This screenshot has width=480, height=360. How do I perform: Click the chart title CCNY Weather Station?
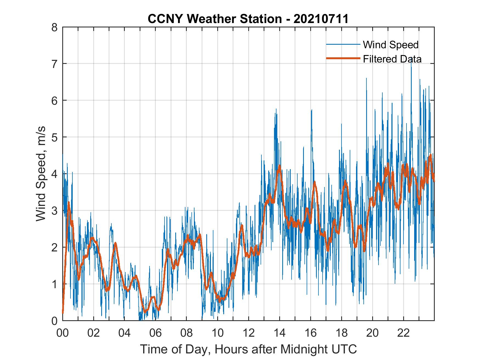(x=215, y=19)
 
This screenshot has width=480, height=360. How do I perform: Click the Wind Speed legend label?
(x=391, y=45)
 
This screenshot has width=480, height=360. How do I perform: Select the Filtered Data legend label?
(x=392, y=59)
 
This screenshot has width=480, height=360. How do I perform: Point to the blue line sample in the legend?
(x=343, y=44)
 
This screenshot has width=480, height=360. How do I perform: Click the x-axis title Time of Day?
(x=249, y=349)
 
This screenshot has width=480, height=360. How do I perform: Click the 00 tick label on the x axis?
(x=63, y=333)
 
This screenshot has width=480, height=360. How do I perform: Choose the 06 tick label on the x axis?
(x=156, y=333)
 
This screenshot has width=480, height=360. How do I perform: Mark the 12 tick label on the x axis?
(x=249, y=333)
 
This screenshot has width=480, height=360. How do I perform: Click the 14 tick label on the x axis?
(x=279, y=333)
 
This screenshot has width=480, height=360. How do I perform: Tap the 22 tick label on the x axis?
(x=403, y=333)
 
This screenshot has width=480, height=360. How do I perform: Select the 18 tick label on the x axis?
(x=341, y=333)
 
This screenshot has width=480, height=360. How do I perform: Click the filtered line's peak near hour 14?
(x=279, y=166)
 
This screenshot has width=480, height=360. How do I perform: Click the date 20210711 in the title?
(x=321, y=19)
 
